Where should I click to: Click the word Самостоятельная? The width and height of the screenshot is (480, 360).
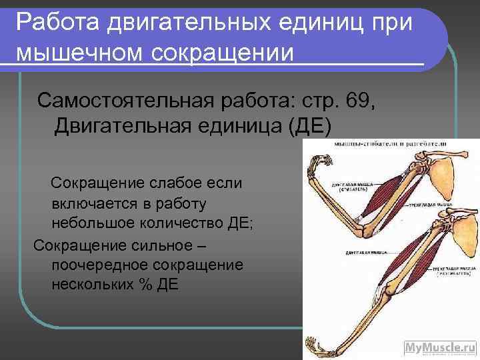pyautogui.click(x=124, y=101)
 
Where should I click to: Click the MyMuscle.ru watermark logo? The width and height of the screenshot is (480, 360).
pyautogui.click(x=439, y=347)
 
